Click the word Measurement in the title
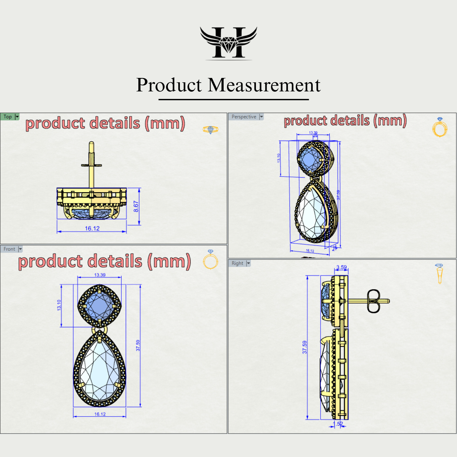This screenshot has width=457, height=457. click(264, 85)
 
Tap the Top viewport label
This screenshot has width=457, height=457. click(8, 117)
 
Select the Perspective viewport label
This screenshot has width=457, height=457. click(244, 117)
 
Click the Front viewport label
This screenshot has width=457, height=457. click(9, 249)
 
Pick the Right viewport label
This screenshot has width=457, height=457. click(237, 263)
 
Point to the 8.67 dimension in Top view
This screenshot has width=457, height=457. click(136, 206)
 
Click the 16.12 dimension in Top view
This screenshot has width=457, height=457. click(92, 228)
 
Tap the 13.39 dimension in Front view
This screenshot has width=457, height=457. click(100, 275)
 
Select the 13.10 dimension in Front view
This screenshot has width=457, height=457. click(59, 305)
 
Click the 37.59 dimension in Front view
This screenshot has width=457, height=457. click(138, 345)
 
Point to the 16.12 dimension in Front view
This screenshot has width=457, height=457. click(100, 414)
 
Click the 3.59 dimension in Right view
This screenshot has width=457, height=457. click(341, 267)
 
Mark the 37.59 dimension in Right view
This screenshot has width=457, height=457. click(305, 347)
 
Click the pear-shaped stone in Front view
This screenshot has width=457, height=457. click(100, 370)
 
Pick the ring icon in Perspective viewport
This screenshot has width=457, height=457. click(440, 128)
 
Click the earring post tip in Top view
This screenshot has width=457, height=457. click(91, 144)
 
